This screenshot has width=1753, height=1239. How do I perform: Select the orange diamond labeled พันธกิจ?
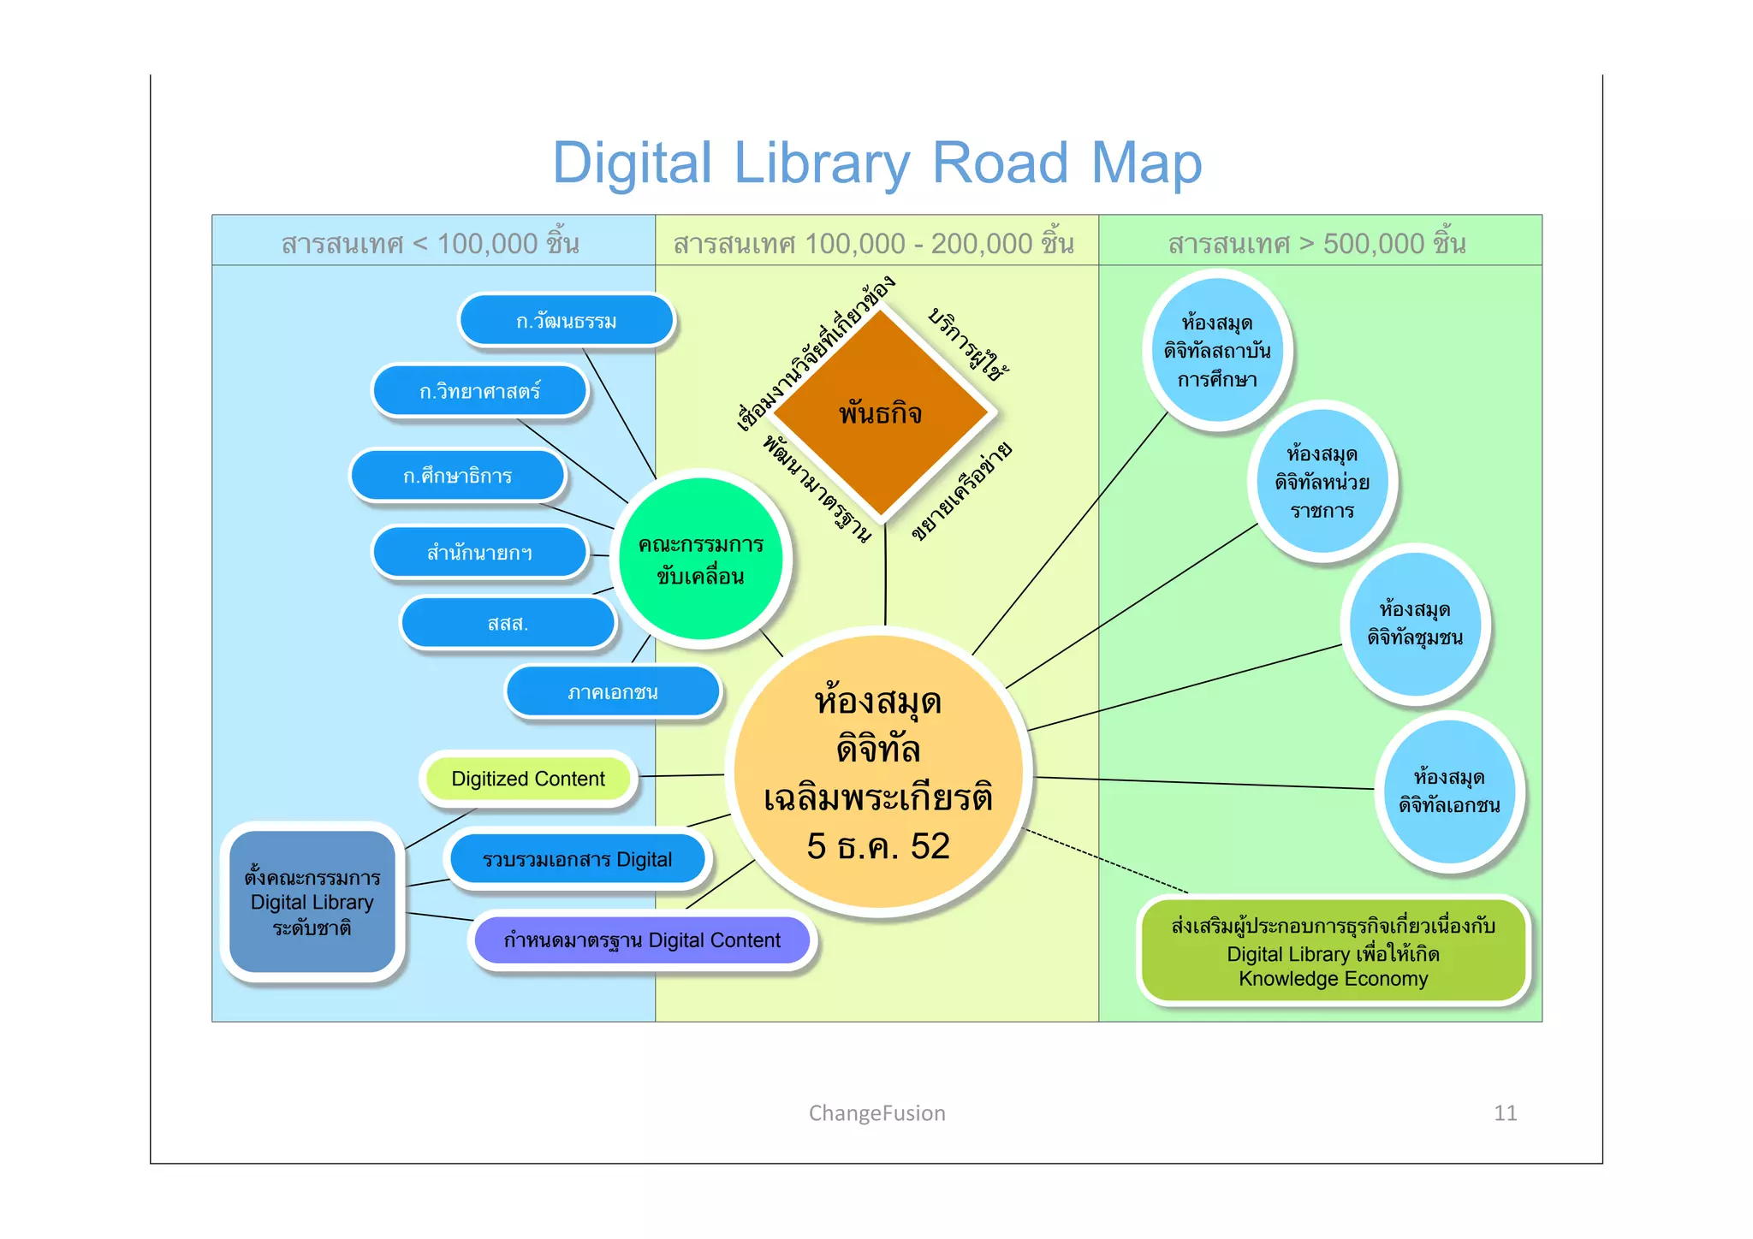(881, 413)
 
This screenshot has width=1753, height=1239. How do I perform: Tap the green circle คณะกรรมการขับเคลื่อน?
(701, 560)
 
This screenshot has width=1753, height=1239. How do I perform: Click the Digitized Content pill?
(528, 779)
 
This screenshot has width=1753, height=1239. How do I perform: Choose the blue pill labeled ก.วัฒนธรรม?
(566, 321)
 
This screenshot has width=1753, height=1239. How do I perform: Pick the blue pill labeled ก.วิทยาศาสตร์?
(479, 391)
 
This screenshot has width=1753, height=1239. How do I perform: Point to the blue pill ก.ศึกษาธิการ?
(458, 476)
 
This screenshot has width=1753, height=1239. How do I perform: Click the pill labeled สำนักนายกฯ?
(479, 553)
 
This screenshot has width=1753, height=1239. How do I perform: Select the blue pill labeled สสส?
(508, 623)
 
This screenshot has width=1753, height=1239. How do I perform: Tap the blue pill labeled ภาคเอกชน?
(613, 692)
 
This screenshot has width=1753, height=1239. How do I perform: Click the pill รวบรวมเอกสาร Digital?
(577, 859)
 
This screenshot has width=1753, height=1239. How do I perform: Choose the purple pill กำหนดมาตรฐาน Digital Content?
(642, 940)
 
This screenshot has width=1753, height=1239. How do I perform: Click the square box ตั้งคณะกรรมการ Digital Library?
(312, 902)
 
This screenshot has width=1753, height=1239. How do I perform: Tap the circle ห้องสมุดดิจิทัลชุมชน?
(1415, 624)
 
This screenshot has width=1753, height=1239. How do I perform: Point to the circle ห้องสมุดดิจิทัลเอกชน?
(1449, 791)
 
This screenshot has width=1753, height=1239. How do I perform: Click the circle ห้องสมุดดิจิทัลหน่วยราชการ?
(1322, 482)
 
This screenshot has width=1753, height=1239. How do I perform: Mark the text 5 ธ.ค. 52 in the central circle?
(878, 846)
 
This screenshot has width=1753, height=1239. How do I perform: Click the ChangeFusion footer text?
(876, 1113)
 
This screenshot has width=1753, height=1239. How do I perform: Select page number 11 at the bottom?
(1505, 1113)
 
